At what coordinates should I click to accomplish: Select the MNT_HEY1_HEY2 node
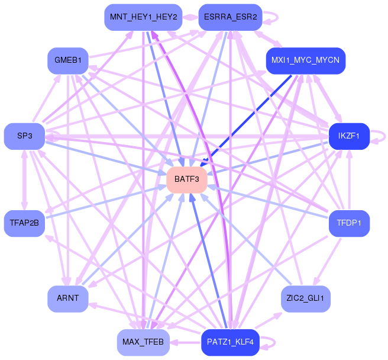(143, 17)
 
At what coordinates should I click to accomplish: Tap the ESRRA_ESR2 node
(230, 17)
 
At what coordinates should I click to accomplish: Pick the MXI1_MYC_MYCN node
(305, 60)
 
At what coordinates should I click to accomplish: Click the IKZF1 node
(350, 136)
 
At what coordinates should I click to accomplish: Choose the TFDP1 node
(349, 223)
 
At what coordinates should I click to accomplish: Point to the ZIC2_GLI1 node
(305, 298)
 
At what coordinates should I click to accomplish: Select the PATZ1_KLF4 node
(231, 342)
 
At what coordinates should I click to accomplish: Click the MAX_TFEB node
(143, 342)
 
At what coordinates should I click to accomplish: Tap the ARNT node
(68, 298)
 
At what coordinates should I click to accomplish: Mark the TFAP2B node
(24, 223)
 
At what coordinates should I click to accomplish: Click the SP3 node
(24, 136)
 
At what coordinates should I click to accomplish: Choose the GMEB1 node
(68, 60)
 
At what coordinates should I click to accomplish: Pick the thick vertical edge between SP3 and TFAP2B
(24, 179)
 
